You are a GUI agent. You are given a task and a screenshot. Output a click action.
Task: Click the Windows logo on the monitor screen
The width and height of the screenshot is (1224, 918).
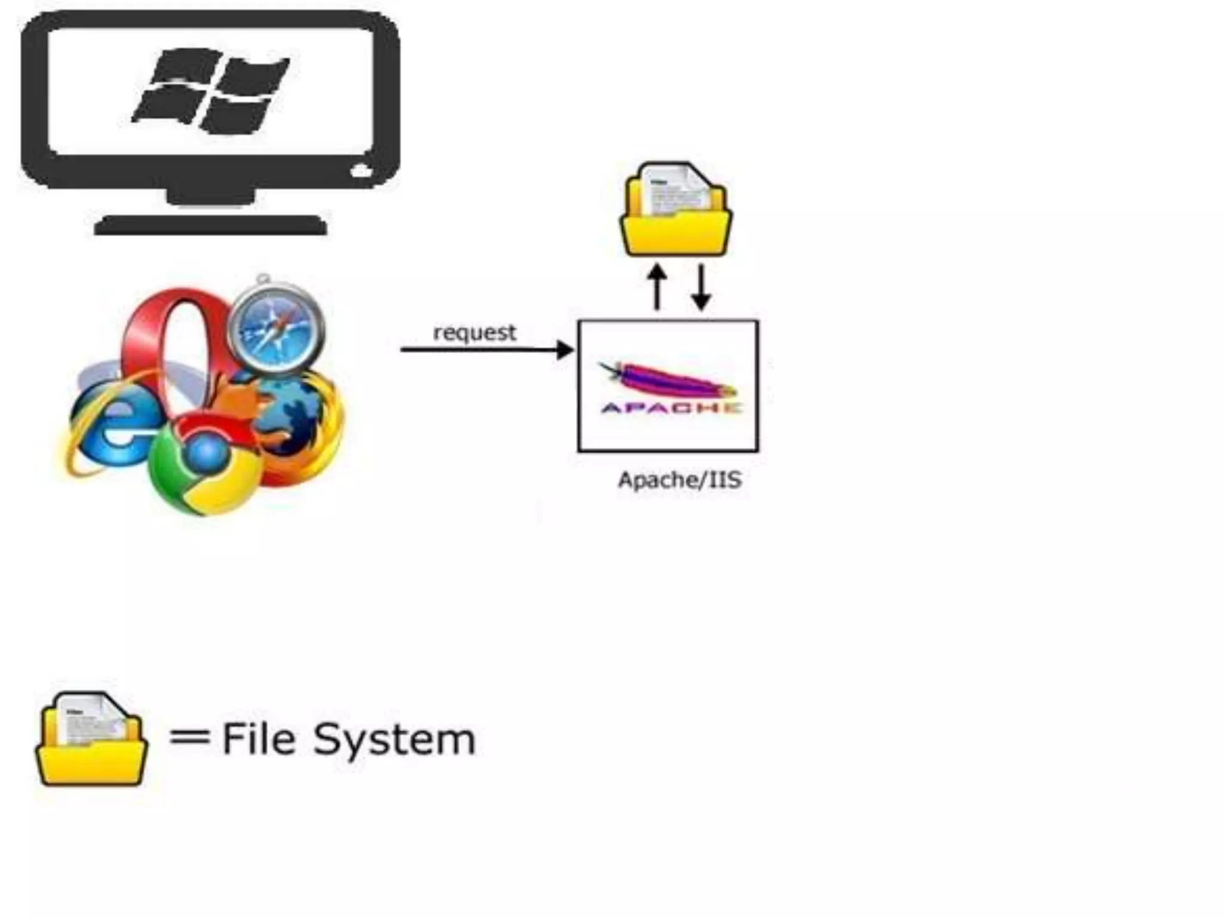[x=210, y=90]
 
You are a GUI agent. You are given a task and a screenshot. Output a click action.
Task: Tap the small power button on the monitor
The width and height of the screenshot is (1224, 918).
[x=361, y=172]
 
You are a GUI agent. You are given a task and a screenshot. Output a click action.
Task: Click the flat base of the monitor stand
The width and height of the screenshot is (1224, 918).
[x=210, y=225]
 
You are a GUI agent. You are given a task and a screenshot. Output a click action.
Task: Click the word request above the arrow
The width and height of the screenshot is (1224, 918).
[x=475, y=332]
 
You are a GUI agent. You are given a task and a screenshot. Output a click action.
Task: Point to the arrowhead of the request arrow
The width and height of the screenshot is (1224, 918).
[x=565, y=350]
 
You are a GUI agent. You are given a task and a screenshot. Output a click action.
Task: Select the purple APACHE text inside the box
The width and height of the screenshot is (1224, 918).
[x=671, y=408]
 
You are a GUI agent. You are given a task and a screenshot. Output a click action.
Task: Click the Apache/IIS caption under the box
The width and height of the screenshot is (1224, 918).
[x=680, y=480]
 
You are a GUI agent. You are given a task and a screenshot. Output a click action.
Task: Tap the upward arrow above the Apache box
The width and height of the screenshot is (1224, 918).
[x=657, y=287]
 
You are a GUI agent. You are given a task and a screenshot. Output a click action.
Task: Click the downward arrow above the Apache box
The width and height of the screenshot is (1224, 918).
[x=701, y=287]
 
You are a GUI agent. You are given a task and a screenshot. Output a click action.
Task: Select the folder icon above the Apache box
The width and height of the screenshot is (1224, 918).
[x=676, y=209]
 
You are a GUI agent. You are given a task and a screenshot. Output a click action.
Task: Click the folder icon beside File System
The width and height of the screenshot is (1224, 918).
[x=91, y=739]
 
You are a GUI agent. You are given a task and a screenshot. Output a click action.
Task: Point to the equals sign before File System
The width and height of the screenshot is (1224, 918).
[x=189, y=737]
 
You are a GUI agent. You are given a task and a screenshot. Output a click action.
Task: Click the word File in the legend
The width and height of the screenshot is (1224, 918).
[x=258, y=739]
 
